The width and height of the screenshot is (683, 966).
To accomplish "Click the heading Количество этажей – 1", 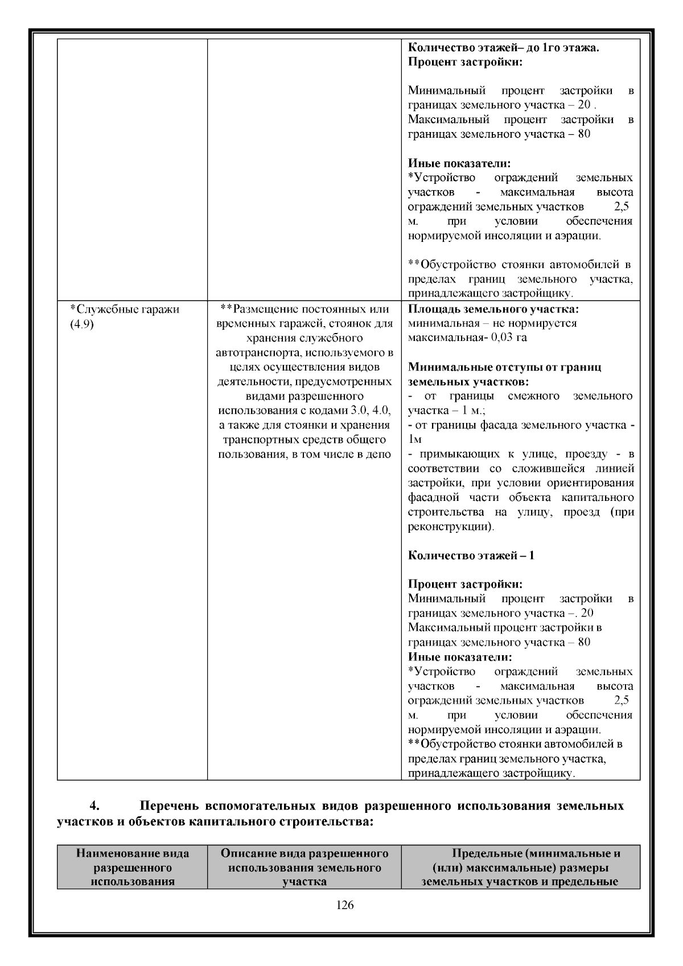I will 471,556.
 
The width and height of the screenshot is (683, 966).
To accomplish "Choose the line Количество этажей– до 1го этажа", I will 504,48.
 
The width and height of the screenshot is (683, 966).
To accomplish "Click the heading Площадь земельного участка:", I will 493,309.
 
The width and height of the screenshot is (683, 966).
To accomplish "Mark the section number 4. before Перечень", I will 95,806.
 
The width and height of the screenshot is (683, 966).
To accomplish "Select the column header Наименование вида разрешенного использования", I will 133,868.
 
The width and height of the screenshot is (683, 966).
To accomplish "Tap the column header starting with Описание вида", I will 305,868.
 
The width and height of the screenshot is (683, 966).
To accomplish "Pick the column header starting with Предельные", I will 521,868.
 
